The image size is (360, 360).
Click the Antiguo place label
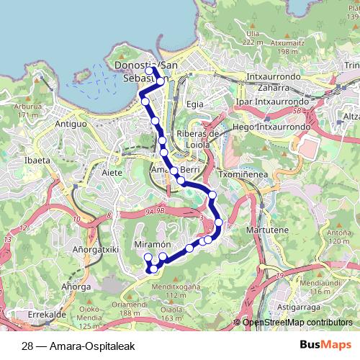[71, 124]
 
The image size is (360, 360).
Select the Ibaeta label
[35, 160]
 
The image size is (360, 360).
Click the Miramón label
[153, 246]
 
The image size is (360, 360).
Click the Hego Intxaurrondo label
[273, 126]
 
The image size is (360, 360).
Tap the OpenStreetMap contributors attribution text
[297, 323]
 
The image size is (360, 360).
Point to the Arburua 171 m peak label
[27, 110]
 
